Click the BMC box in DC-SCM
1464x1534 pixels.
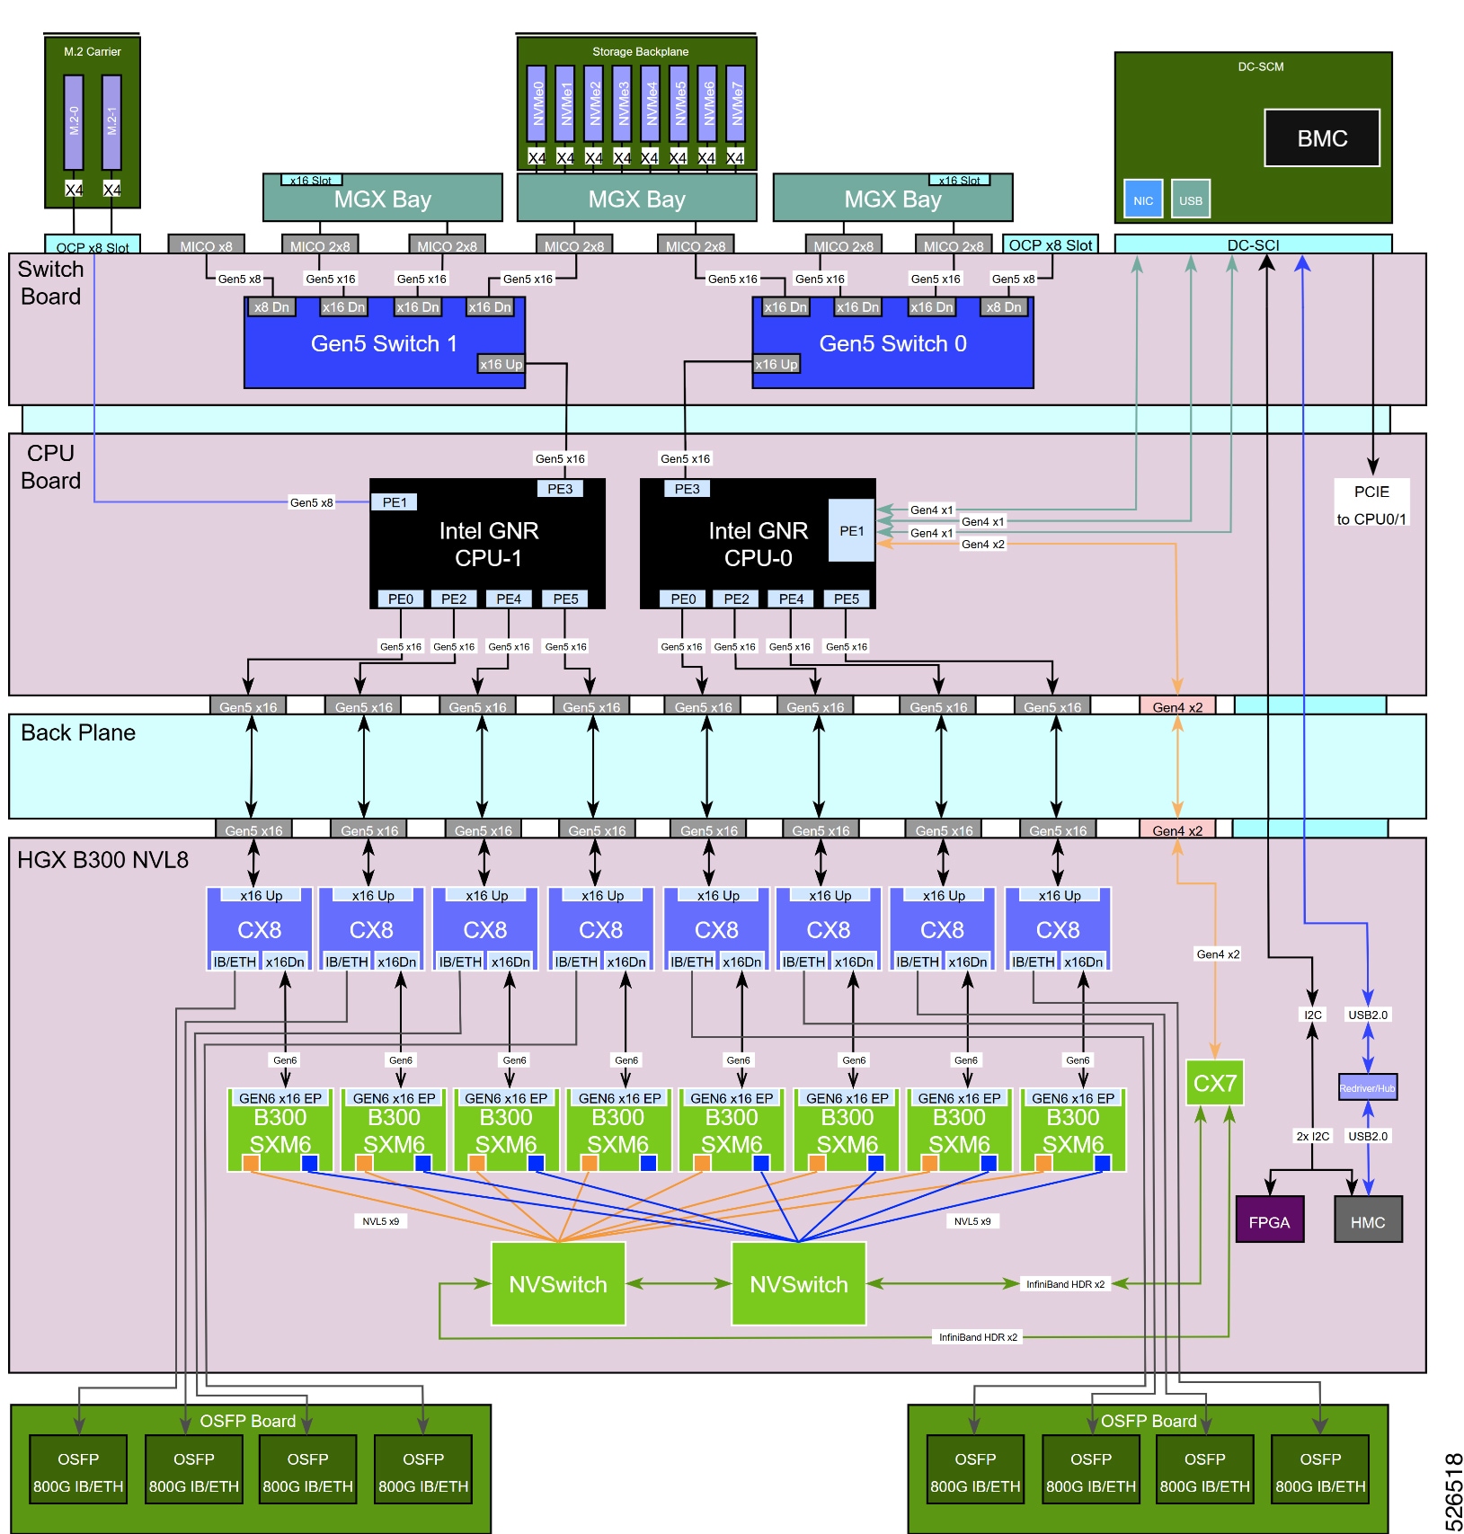click(x=1321, y=138)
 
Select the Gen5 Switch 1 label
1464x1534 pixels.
click(x=384, y=343)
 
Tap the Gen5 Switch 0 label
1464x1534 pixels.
click(x=892, y=343)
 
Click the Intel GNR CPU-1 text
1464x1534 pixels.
click(x=488, y=544)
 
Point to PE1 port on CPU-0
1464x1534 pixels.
click(x=851, y=531)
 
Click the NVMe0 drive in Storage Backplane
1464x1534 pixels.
click(x=537, y=104)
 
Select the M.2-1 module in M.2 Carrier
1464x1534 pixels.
click(x=111, y=122)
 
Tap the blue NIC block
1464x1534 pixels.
click(x=1142, y=200)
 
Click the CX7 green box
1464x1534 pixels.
click(x=1214, y=1084)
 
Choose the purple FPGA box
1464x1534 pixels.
click(x=1269, y=1221)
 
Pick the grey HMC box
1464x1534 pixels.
click(x=1367, y=1221)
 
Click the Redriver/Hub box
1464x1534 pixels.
click(x=1367, y=1088)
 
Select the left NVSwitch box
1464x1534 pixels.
click(x=558, y=1284)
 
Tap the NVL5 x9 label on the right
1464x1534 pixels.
click(x=972, y=1221)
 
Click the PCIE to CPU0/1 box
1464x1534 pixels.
click(x=1371, y=504)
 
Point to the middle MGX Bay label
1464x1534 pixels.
click(x=636, y=200)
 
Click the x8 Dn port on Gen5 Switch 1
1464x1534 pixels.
click(x=271, y=307)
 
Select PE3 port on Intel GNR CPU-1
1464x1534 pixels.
click(x=560, y=489)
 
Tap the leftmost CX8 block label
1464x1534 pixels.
click(x=259, y=929)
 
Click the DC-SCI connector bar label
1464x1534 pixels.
click(x=1253, y=244)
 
